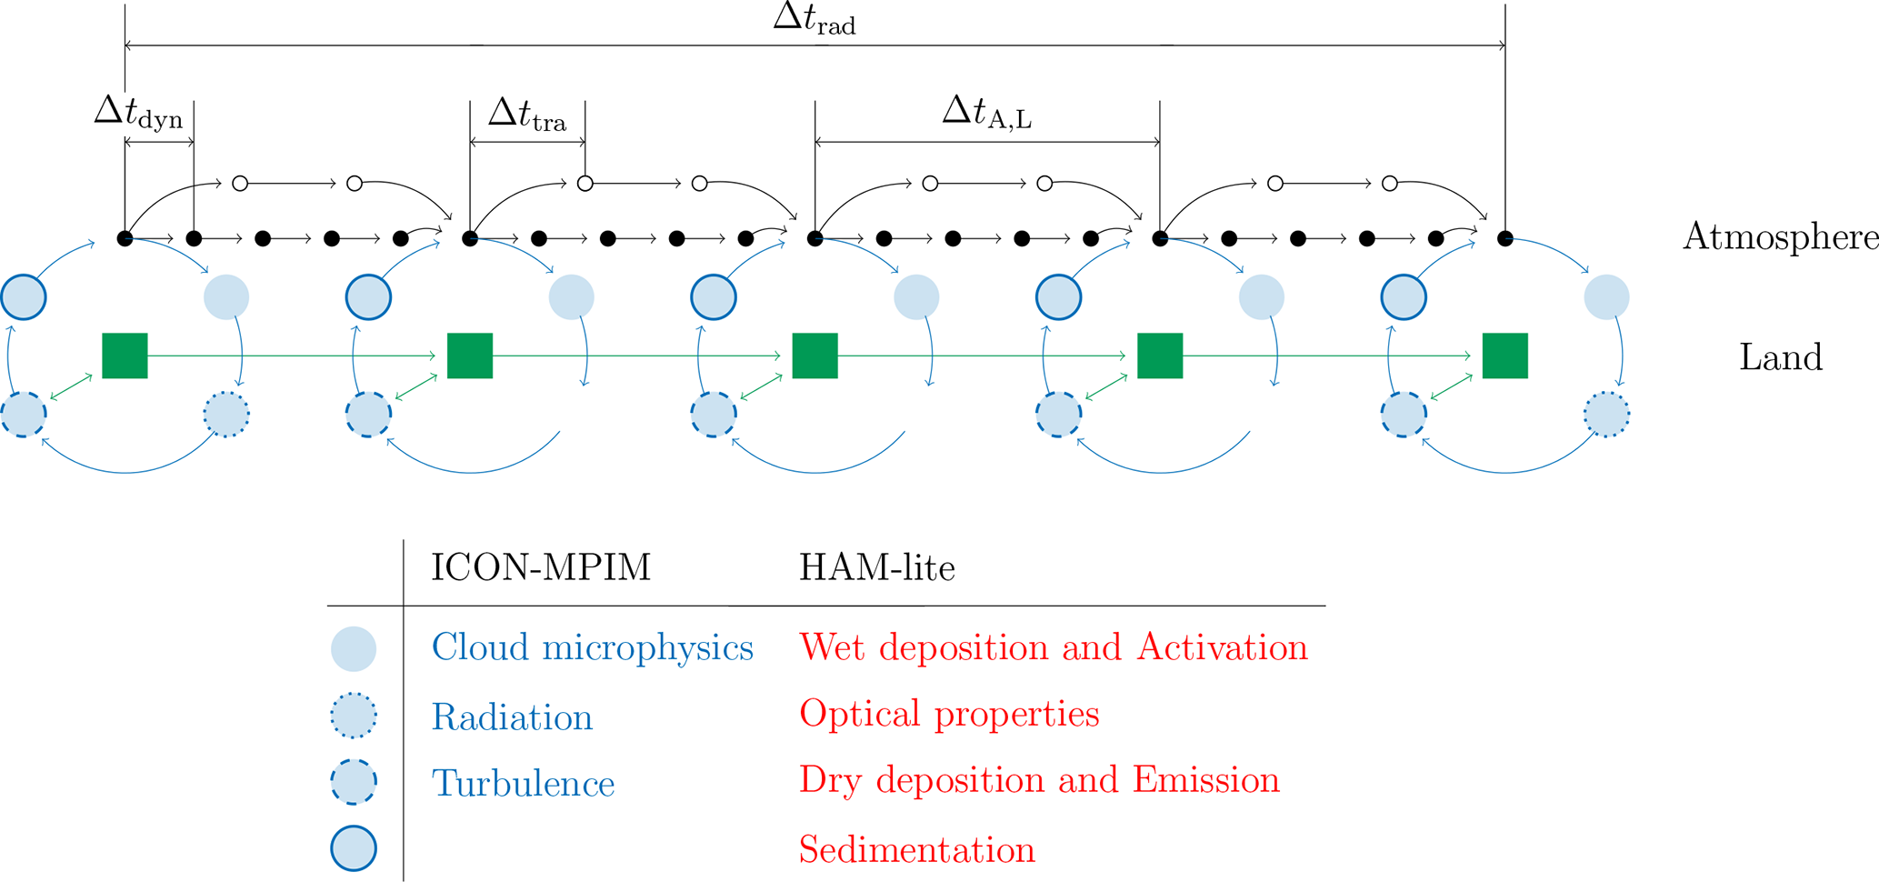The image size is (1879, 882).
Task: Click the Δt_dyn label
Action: tap(138, 114)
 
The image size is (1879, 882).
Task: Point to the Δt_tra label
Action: tap(527, 115)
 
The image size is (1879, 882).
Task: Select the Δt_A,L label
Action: tap(987, 114)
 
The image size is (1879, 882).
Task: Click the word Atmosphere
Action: tap(1781, 236)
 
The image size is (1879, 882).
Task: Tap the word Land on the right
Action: tap(1781, 356)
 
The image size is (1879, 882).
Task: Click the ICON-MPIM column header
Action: tap(541, 567)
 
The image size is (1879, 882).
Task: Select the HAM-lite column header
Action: tap(877, 567)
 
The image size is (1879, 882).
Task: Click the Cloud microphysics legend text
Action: tap(593, 647)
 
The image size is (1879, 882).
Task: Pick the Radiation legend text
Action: tap(512, 717)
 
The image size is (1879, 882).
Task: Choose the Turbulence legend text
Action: tap(524, 783)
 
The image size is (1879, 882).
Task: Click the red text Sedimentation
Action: tap(917, 849)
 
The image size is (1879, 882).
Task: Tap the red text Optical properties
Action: tap(949, 715)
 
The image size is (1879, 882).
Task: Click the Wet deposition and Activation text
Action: tap(1054, 647)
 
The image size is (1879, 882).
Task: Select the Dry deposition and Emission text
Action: tap(1039, 780)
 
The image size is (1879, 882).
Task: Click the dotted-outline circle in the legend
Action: tap(354, 716)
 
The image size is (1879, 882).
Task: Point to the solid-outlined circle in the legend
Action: tap(354, 848)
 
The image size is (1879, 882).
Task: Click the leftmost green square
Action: tap(125, 356)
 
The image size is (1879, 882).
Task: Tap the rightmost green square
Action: tap(1504, 356)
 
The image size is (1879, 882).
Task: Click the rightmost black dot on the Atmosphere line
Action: tap(1505, 238)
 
